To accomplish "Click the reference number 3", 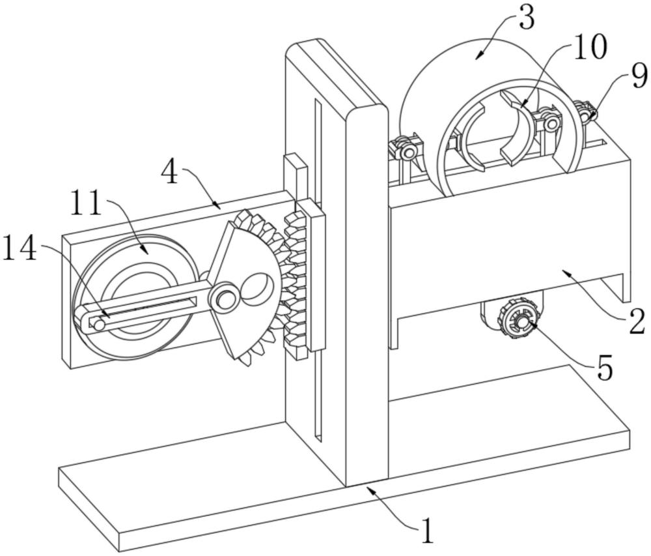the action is click(x=527, y=18).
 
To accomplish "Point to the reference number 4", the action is click(x=169, y=173).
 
